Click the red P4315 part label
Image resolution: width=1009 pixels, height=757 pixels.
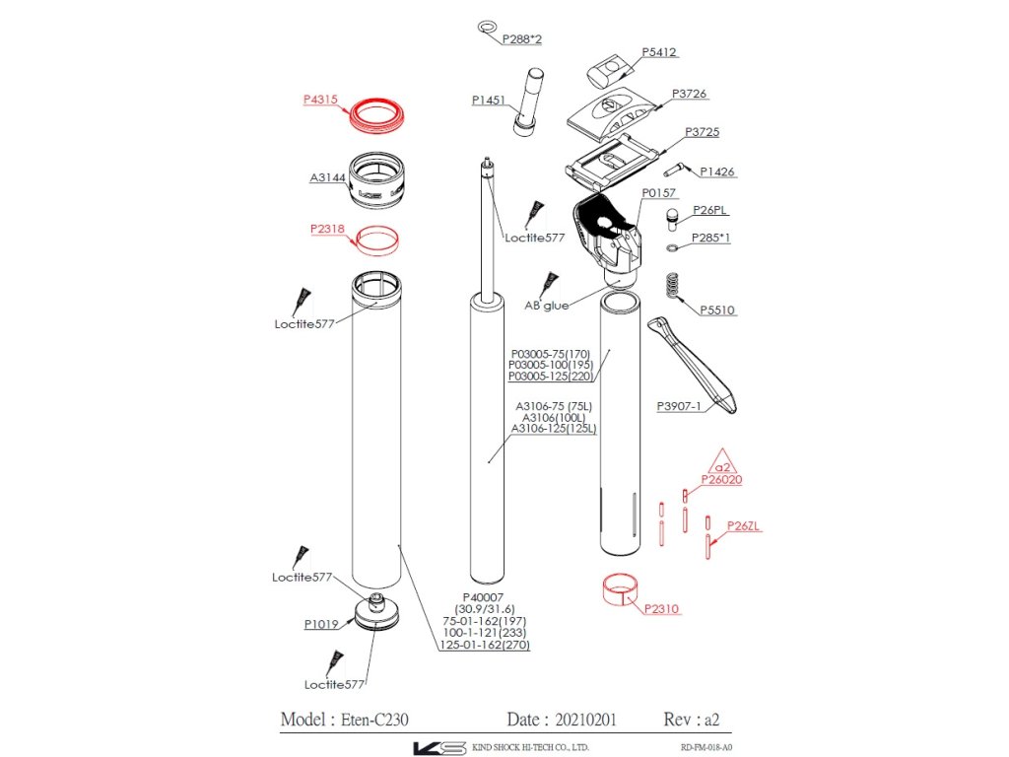tap(320, 100)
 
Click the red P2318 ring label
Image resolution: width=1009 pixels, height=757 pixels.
tap(327, 229)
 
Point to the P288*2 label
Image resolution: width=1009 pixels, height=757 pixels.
tap(522, 39)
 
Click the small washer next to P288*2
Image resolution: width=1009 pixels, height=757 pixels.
tap(487, 27)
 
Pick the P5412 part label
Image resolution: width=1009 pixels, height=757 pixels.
tap(659, 52)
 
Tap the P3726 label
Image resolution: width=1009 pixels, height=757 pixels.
tap(689, 94)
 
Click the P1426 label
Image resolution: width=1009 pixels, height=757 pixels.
tap(717, 172)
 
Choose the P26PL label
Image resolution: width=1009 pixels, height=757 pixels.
tap(710, 210)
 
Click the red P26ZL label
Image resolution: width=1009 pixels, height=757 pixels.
tap(743, 525)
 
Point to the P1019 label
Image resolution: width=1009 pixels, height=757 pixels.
tap(321, 624)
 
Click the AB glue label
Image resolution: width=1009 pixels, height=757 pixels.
tap(546, 306)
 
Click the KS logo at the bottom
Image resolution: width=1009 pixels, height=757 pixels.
tap(438, 747)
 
